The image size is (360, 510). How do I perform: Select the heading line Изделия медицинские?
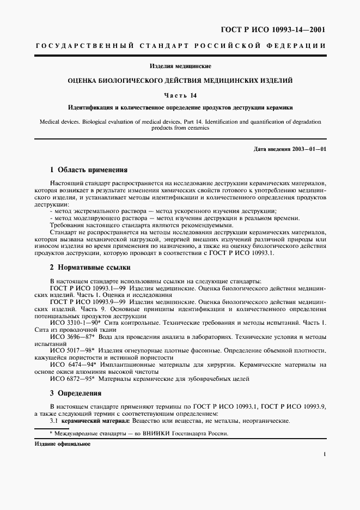[x=180, y=66]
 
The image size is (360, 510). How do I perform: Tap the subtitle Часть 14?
[x=180, y=95]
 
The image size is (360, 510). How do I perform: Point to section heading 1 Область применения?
[x=88, y=169]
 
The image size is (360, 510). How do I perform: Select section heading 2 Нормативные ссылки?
[x=90, y=268]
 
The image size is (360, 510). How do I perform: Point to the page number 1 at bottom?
[x=324, y=454]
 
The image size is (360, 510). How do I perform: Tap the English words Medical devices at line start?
[x=59, y=121]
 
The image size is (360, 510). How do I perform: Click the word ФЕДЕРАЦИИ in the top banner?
[x=297, y=46]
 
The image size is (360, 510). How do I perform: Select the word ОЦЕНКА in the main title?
[x=83, y=81]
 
